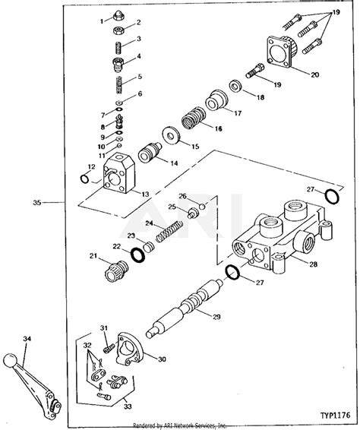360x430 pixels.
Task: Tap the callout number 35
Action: [36, 203]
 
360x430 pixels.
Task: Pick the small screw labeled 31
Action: [106, 346]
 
